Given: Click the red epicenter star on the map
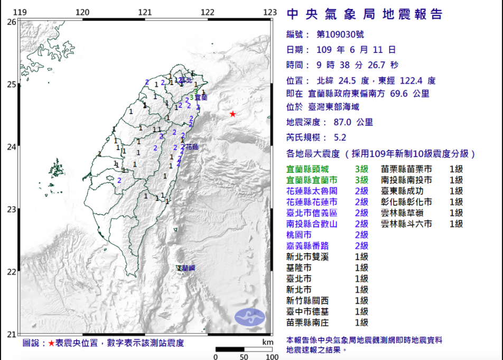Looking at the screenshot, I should (232, 114).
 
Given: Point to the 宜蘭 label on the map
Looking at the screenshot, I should (201, 97).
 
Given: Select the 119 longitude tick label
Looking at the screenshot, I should (20, 12).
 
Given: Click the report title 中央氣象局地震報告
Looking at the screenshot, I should (364, 15).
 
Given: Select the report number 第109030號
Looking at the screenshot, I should (340, 34).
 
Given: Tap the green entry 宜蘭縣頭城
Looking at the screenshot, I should (307, 170).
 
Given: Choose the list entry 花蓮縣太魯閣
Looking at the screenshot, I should (312, 191).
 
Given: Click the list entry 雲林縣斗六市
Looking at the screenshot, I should (406, 224).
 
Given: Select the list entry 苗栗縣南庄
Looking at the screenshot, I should (307, 322).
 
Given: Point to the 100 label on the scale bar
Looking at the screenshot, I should (272, 357).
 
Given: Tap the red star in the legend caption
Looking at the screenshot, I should (51, 343).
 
